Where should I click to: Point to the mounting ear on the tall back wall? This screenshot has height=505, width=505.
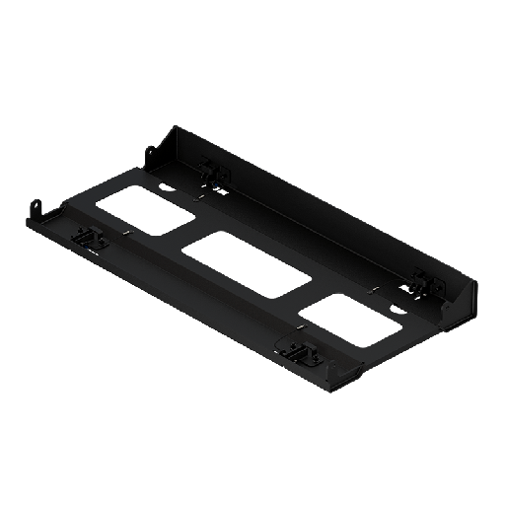(x=151, y=156)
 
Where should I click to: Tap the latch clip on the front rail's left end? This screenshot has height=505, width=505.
(x=87, y=238)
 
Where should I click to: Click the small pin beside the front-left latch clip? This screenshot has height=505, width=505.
(x=127, y=233)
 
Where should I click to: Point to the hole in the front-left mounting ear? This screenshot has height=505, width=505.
(x=40, y=207)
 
